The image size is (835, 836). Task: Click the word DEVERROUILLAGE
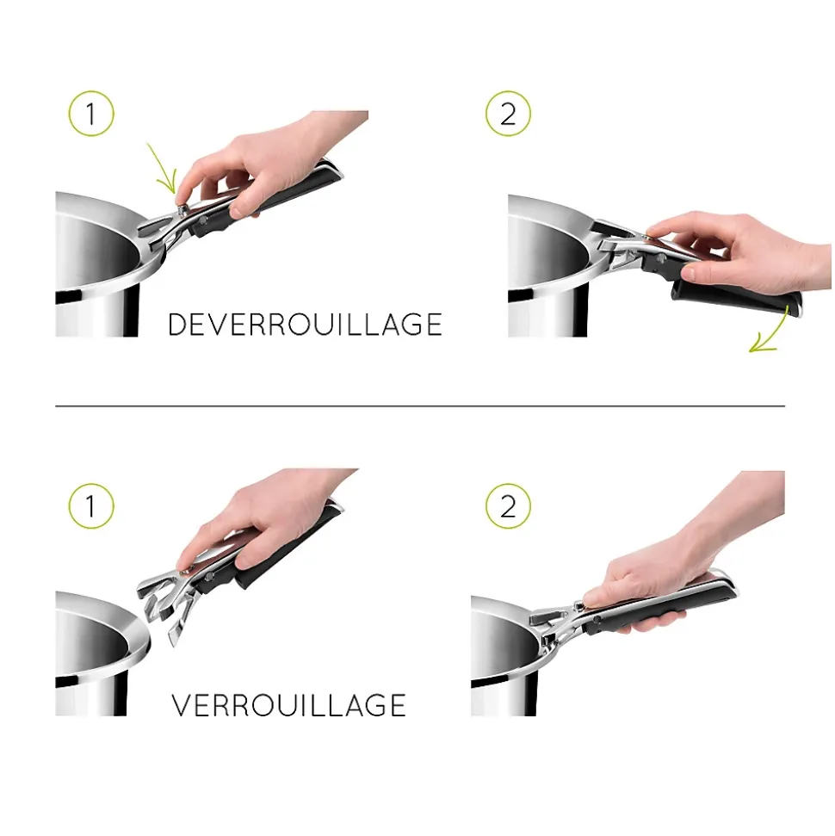pyautogui.click(x=305, y=325)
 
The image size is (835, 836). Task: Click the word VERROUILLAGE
pyautogui.click(x=288, y=705)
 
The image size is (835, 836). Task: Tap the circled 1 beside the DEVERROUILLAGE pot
pyautogui.click(x=90, y=114)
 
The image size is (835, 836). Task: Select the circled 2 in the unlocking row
pyautogui.click(x=508, y=114)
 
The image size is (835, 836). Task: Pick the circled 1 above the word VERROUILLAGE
pyautogui.click(x=90, y=506)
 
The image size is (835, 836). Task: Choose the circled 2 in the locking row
pyautogui.click(x=508, y=506)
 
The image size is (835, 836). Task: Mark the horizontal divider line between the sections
pyautogui.click(x=420, y=406)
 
